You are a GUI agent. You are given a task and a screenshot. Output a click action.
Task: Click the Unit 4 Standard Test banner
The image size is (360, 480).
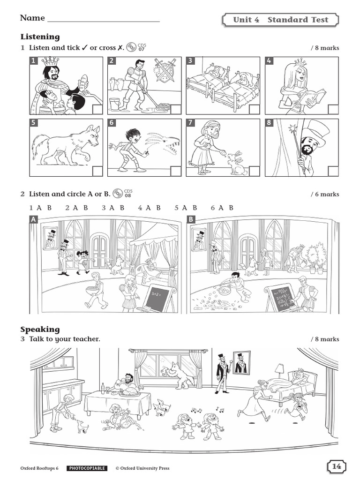coord(280,20)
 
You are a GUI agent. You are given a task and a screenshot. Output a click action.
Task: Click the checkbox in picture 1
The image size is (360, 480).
coord(97,110)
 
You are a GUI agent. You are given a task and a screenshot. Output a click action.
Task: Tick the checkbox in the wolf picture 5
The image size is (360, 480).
coord(97,171)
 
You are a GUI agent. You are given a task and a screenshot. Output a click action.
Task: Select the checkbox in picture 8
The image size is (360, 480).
coord(332,171)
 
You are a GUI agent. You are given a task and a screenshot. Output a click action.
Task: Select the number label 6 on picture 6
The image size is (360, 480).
coord(112,123)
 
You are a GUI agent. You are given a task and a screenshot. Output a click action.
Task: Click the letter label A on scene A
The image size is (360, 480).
coord(33,219)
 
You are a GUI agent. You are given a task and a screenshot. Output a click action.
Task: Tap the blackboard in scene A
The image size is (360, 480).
coord(159,300)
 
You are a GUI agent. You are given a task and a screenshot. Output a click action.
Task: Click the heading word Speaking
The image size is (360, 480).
coord(40,329)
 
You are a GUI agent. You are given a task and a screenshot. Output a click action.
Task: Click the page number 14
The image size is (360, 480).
coord(337,466)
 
